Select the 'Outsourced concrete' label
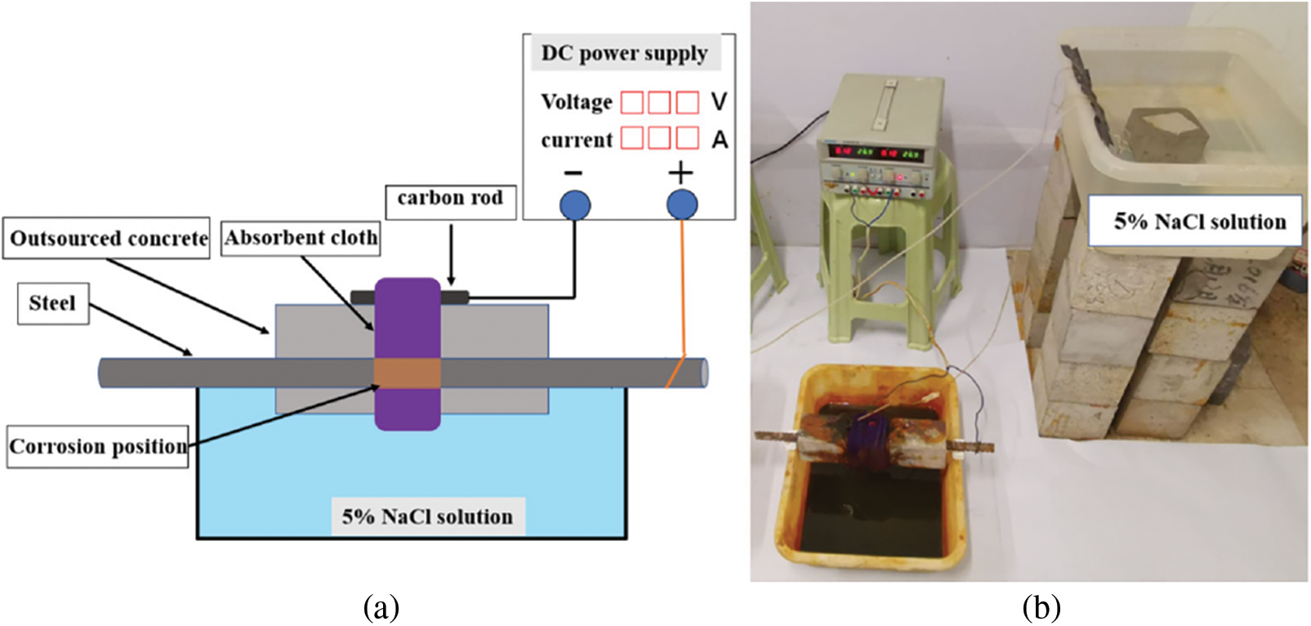coord(106,238)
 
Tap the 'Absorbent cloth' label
coord(301,238)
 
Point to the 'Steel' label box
coord(52,303)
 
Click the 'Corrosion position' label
coord(97,446)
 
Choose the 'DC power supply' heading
coord(624,54)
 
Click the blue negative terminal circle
coord(575,204)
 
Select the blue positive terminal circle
coord(681,204)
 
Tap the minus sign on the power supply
coord(573,172)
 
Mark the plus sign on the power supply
coord(680,172)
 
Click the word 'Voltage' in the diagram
coord(577,102)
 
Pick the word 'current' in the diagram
coord(577,141)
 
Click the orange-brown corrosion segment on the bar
coord(408,373)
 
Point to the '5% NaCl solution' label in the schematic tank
coord(427,516)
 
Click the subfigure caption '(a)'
coord(381,608)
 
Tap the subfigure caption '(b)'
coord(1041,608)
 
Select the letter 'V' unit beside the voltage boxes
coord(719,102)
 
